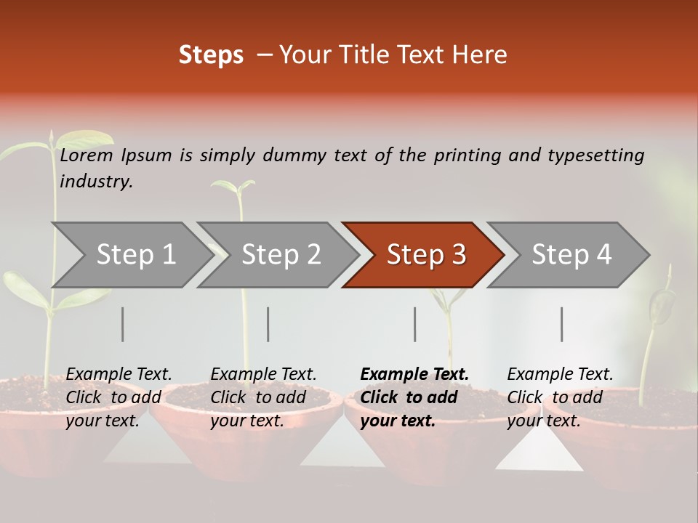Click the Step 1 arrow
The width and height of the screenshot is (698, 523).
point(131,255)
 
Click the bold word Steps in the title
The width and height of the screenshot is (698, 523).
point(211,55)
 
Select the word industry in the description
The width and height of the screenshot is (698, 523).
point(96,182)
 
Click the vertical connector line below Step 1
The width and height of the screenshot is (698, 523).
point(123,324)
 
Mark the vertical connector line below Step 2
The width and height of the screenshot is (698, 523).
point(268,324)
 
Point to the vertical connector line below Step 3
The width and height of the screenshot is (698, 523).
point(415,324)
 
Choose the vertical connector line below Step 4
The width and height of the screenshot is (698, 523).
point(562,324)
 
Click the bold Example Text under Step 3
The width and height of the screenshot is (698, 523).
point(414,375)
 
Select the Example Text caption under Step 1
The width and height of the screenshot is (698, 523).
point(119,375)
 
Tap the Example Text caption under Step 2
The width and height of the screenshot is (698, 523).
point(264,375)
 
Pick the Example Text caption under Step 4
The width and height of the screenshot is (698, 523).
point(561,375)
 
